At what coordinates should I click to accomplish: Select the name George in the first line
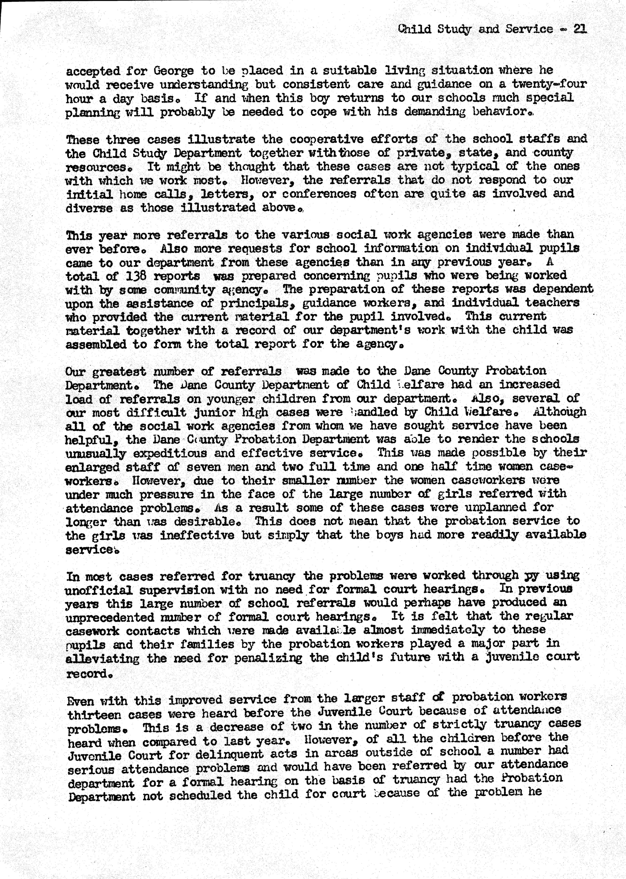click(173, 71)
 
